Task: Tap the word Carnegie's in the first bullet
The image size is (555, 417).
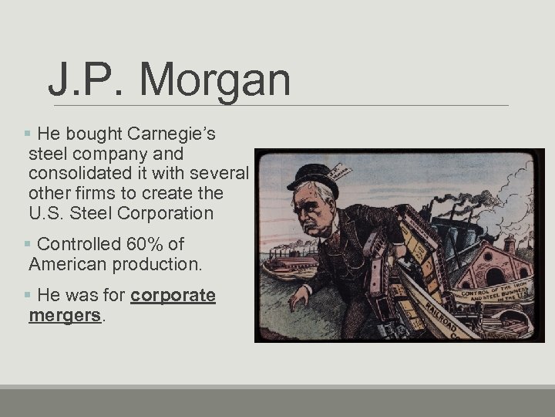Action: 169,134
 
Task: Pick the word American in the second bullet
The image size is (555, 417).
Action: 67,264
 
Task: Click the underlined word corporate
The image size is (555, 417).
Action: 173,296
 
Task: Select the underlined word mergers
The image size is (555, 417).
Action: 65,316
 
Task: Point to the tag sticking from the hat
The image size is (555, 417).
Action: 339,171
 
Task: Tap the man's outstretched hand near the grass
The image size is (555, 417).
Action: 298,297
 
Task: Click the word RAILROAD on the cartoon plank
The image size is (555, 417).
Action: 436,317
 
